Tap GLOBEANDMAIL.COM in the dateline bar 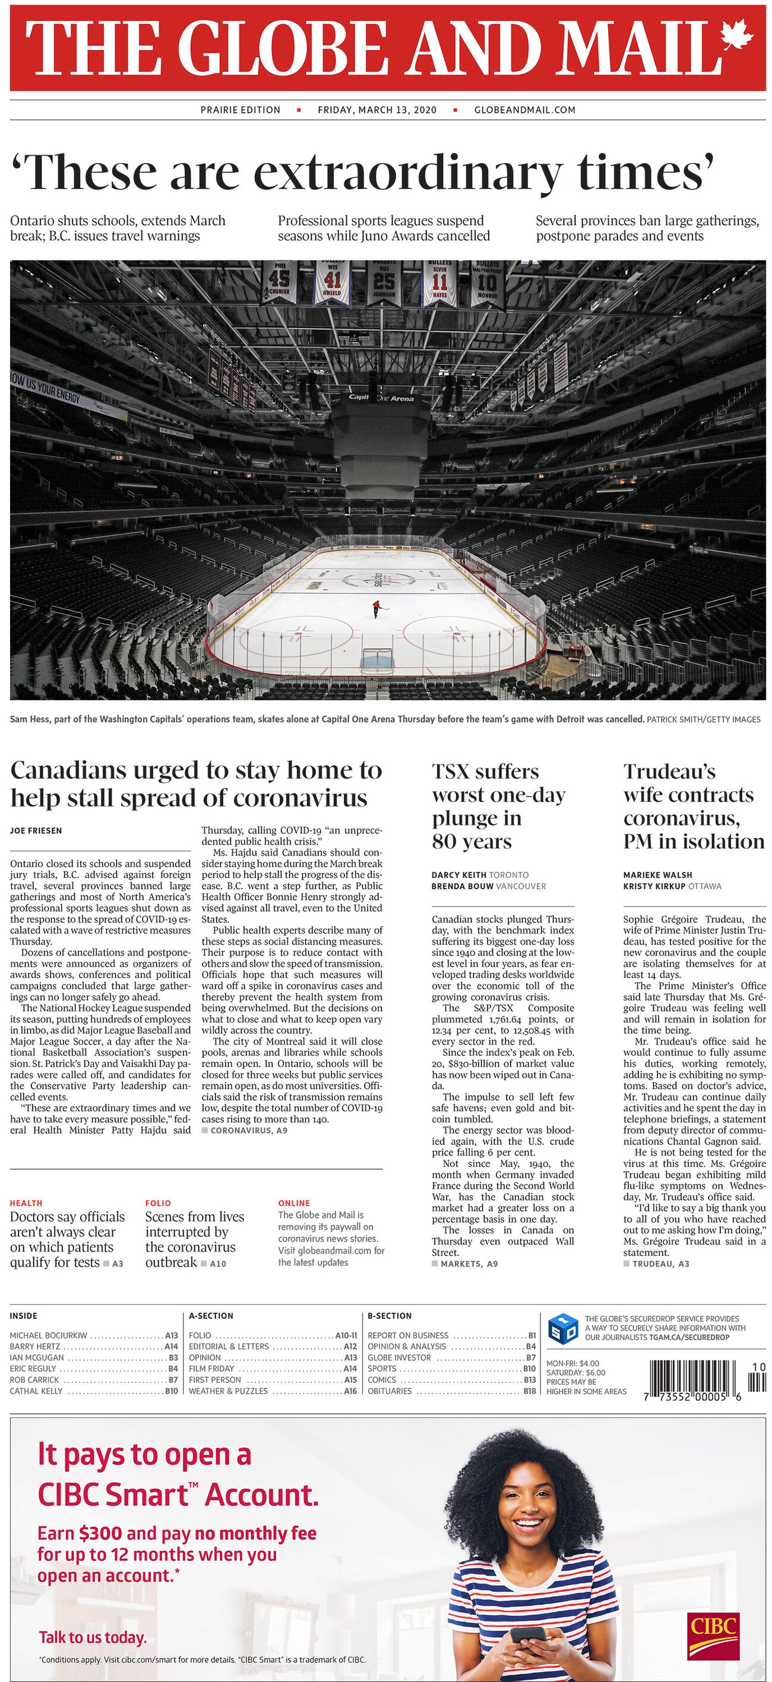(x=524, y=110)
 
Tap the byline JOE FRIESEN (x=36, y=830)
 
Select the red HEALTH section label (x=26, y=1202)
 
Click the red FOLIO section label (x=158, y=1202)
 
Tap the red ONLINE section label (x=294, y=1202)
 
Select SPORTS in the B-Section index (x=382, y=1368)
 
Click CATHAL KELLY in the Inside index (x=37, y=1391)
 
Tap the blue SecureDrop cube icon (x=563, y=1328)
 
